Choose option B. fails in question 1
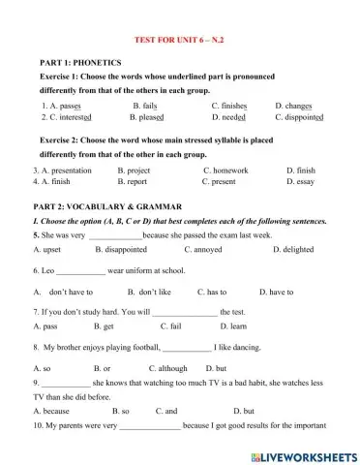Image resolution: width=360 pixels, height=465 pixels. (144, 104)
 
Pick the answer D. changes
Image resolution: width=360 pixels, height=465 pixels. (294, 104)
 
